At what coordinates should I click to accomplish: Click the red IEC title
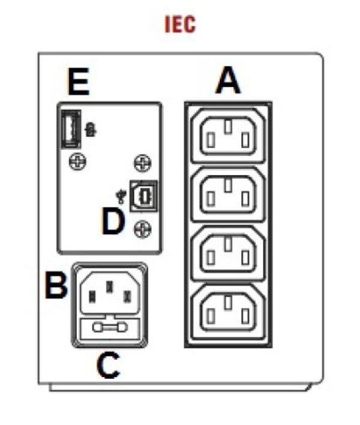tap(181, 25)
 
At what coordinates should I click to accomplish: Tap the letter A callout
tap(227, 81)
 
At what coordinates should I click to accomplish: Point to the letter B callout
tap(57, 286)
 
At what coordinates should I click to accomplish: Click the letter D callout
tap(112, 222)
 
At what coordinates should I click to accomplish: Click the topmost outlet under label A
tap(227, 134)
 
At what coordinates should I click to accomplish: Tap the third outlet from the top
tap(227, 252)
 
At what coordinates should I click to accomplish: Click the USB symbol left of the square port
tap(122, 195)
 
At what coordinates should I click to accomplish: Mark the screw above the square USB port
tap(141, 161)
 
